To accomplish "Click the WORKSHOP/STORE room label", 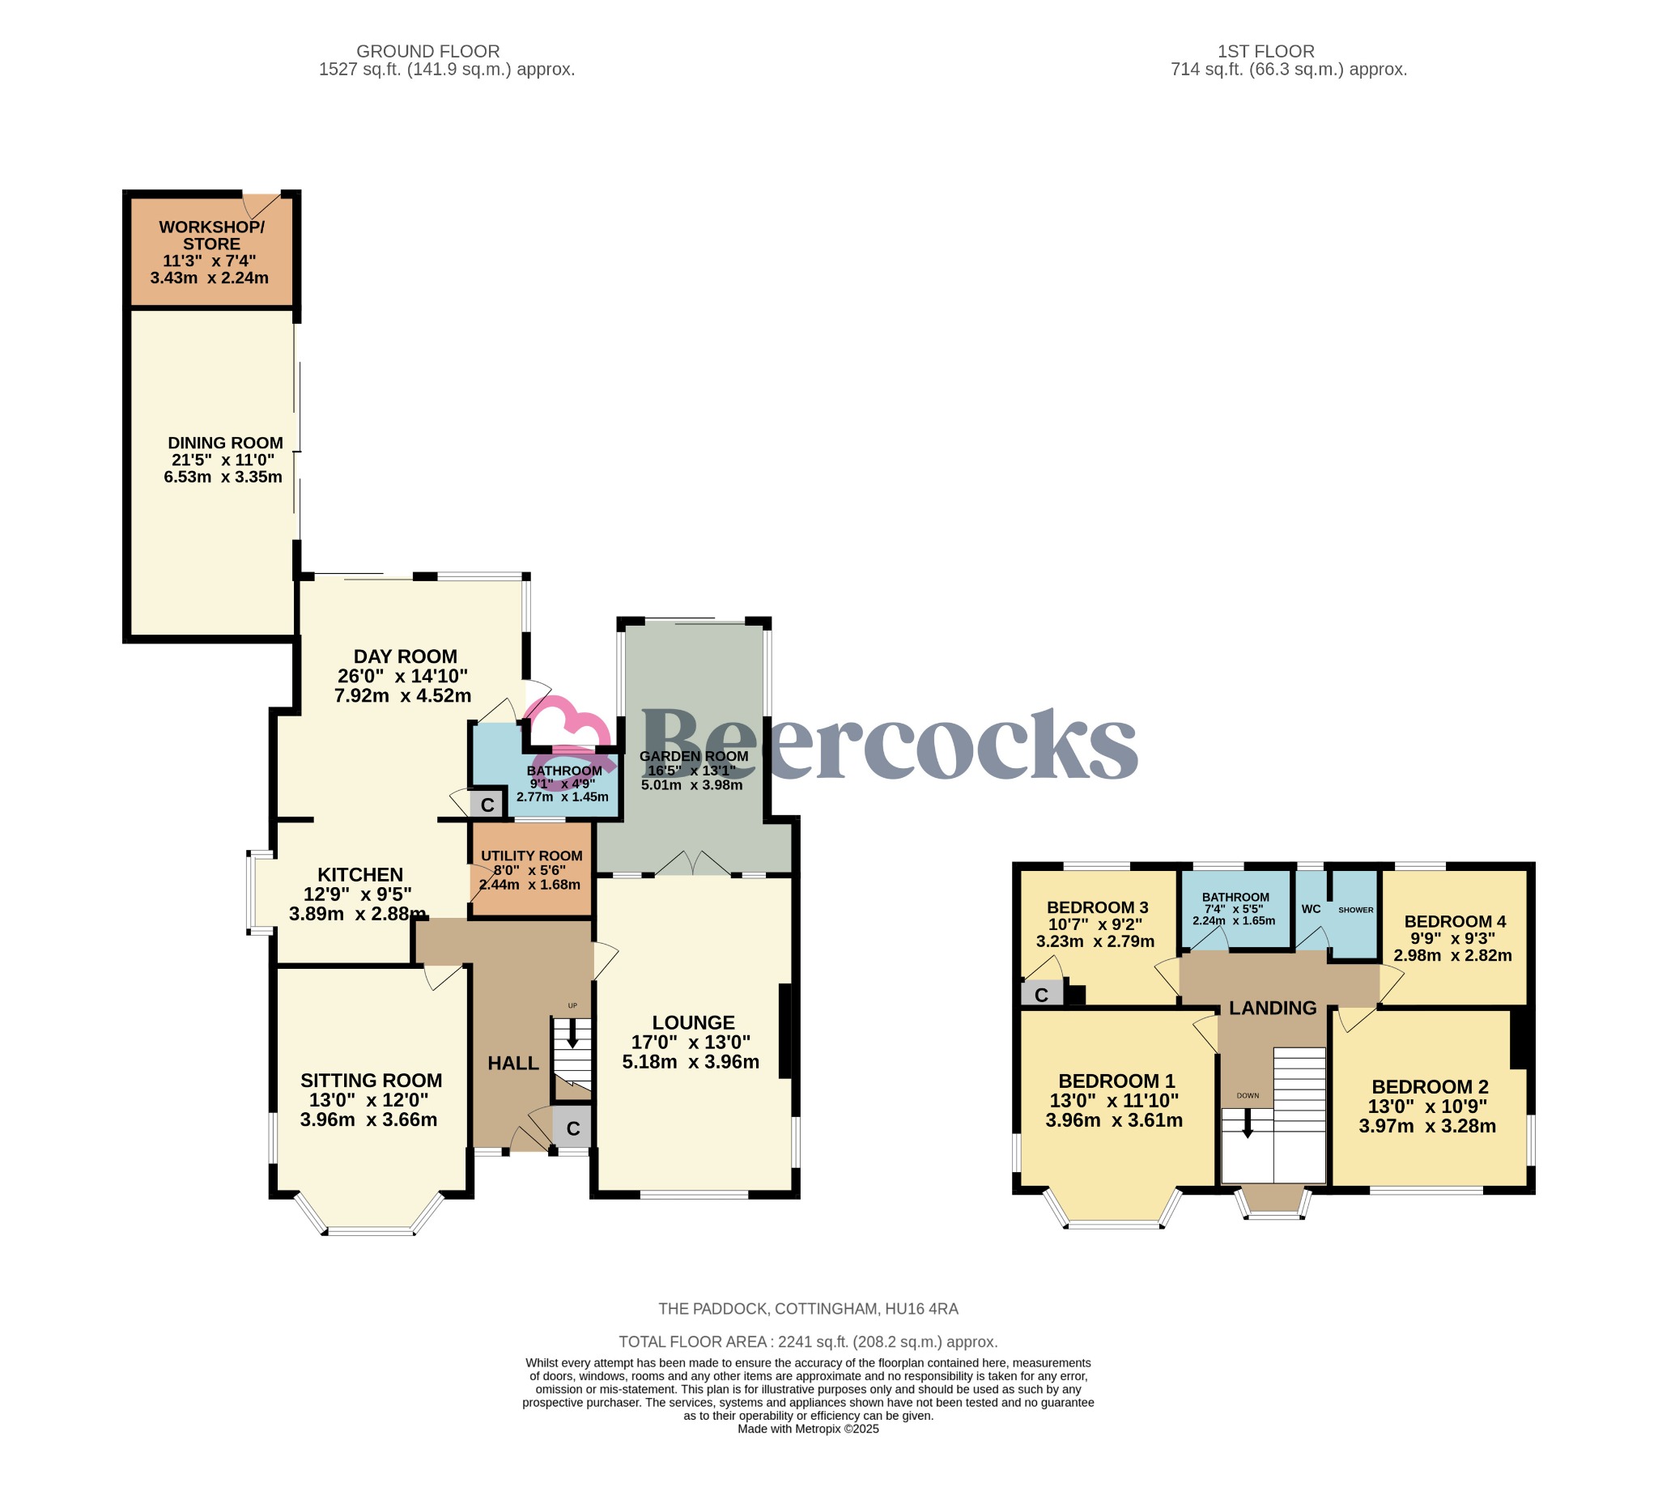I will [211, 236].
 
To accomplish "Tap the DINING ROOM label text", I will [225, 444].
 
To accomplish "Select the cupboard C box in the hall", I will [572, 1129].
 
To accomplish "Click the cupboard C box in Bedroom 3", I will [1041, 995].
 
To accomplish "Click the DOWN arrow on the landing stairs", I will [1247, 1124].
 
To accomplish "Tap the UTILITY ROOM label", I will [531, 855].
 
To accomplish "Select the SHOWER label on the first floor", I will [1355, 909].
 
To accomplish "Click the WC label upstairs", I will [1311, 908].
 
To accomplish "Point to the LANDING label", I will [1273, 1007].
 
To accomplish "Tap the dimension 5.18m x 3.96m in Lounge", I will [690, 1061].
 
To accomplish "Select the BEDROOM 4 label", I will [1455, 921].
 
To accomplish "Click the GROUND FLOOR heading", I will [427, 51].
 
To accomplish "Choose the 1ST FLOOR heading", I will [1265, 51].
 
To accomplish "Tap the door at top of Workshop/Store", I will [261, 203].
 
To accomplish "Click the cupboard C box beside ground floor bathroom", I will [487, 804].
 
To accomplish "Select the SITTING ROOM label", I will [371, 1081].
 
